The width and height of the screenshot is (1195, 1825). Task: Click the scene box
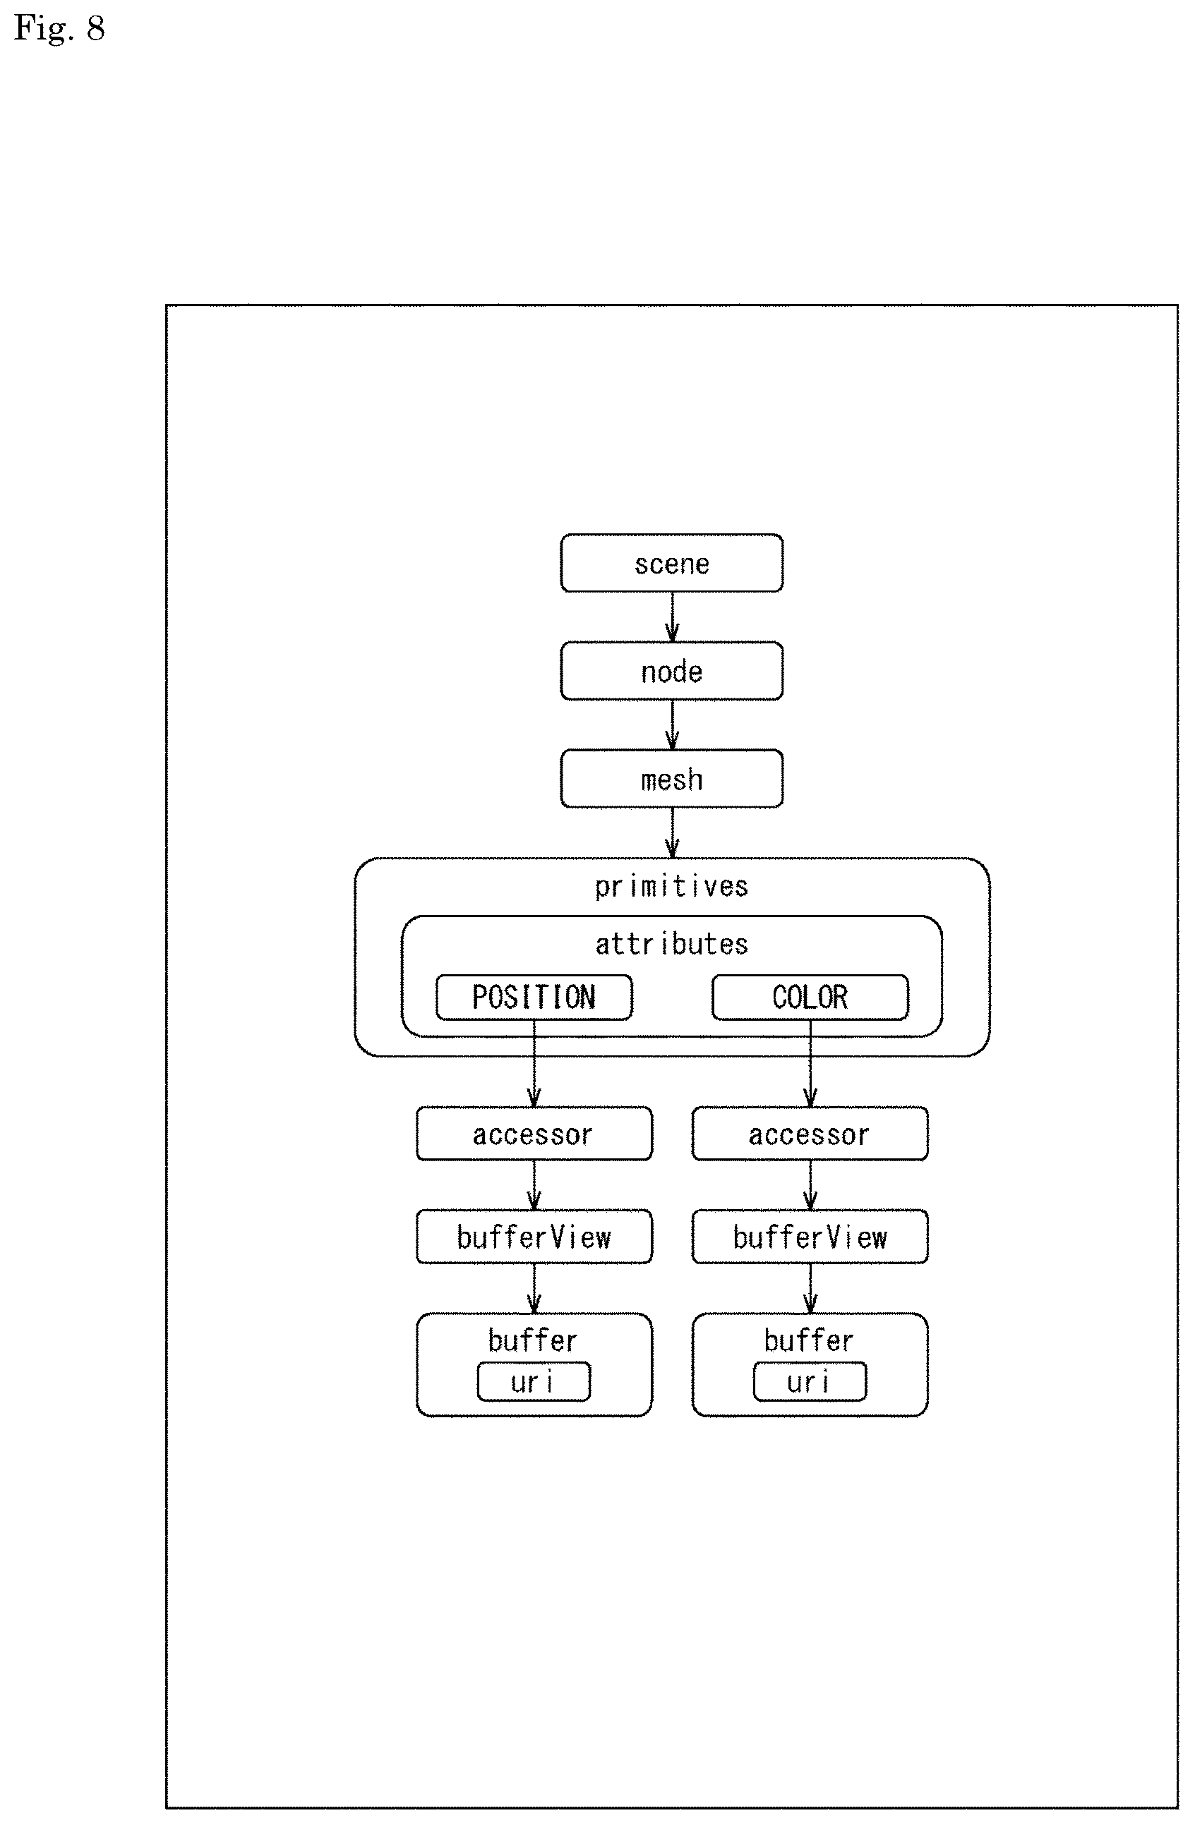[x=671, y=563]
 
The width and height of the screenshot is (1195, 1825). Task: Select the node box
[x=671, y=671]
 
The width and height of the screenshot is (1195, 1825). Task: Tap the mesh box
[x=671, y=778]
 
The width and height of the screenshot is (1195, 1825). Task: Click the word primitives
[x=671, y=887]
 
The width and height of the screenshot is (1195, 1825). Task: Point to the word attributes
[x=671, y=944]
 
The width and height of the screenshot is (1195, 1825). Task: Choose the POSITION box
[x=534, y=997]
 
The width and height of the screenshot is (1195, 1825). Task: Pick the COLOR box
[x=810, y=997]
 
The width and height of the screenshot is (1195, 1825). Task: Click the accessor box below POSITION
[x=534, y=1134]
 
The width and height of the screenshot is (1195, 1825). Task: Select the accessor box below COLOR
[x=810, y=1134]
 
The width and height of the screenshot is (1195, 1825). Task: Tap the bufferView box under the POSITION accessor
[x=534, y=1237]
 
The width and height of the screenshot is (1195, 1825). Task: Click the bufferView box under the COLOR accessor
[x=810, y=1237]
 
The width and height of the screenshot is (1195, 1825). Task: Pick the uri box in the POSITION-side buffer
[x=534, y=1382]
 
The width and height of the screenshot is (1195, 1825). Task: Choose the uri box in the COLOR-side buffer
[x=810, y=1382]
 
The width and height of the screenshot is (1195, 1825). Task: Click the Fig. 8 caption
[x=59, y=29]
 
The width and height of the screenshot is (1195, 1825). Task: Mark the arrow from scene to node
[x=672, y=617]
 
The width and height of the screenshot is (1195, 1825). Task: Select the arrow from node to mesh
[x=672, y=724]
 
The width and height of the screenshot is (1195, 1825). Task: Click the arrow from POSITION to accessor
[x=534, y=1064]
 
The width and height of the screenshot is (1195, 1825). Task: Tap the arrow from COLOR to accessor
[x=810, y=1064]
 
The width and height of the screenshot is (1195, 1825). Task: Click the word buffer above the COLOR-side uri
[x=808, y=1340]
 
